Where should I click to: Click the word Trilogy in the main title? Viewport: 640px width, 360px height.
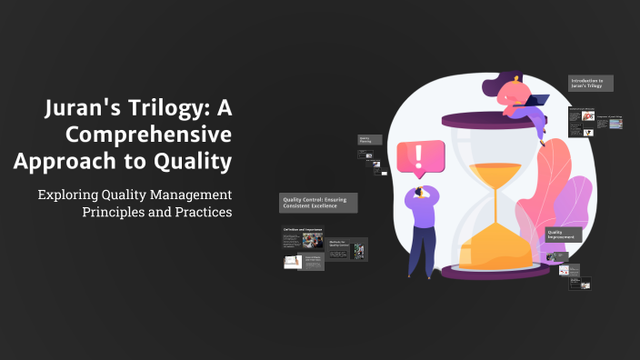[164, 111]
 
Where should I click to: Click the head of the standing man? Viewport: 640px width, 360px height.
[423, 186]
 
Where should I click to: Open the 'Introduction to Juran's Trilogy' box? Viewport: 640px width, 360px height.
[591, 84]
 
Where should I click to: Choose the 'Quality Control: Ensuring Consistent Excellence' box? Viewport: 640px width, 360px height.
[318, 203]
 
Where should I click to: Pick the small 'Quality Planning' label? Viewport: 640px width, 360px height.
[365, 142]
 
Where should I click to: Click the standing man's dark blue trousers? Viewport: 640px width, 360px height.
[419, 250]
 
